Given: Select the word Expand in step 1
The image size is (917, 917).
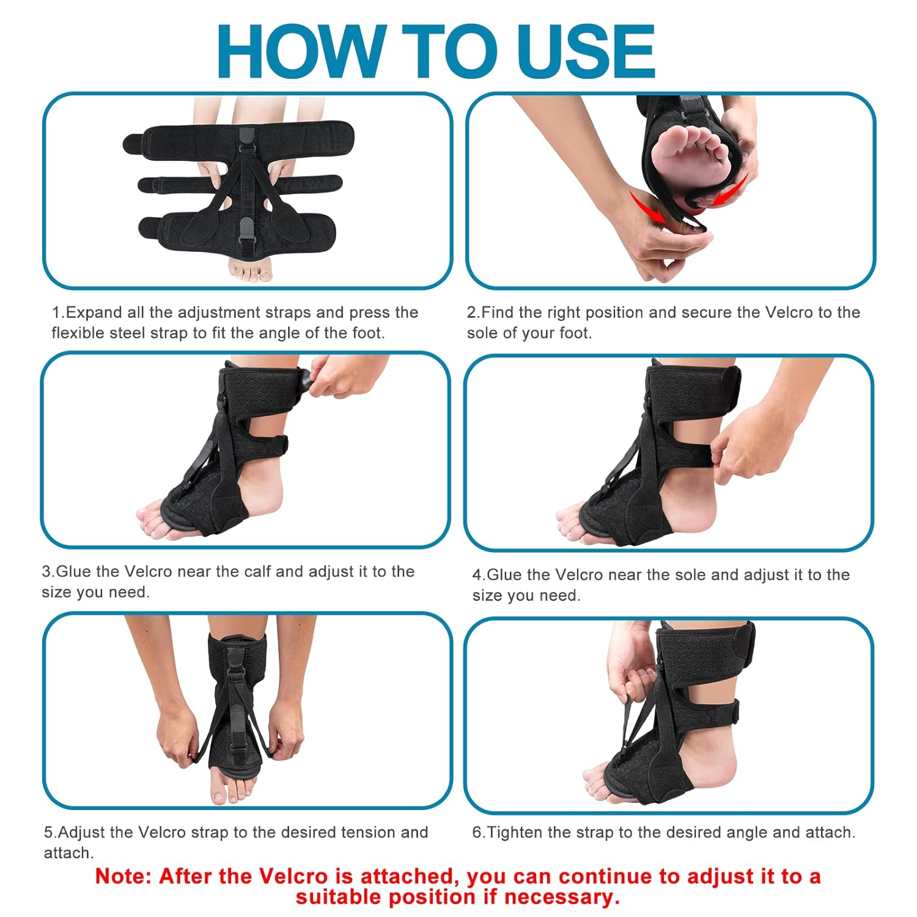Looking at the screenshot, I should coord(94,312).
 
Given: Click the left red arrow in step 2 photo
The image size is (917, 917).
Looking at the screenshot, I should coord(648,208).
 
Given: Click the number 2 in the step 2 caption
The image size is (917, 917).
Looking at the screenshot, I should coord(471,312).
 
